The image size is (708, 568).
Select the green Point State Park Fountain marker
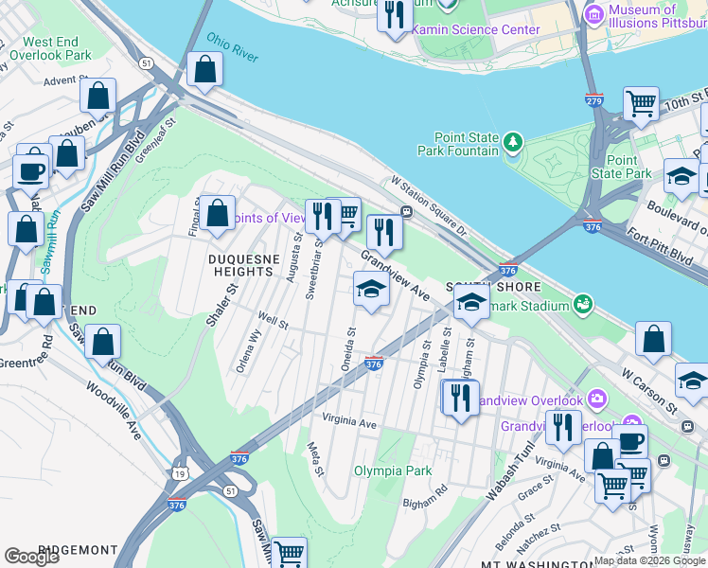(513, 143)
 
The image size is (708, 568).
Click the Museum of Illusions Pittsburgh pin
(594, 13)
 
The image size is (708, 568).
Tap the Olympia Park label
(393, 470)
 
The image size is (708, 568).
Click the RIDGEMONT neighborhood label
(79, 550)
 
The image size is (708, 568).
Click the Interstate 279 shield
(594, 99)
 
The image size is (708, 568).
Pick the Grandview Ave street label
(395, 275)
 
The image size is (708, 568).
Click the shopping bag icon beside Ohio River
(205, 69)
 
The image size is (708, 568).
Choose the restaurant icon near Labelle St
(460, 396)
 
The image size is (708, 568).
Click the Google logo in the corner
(31, 556)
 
